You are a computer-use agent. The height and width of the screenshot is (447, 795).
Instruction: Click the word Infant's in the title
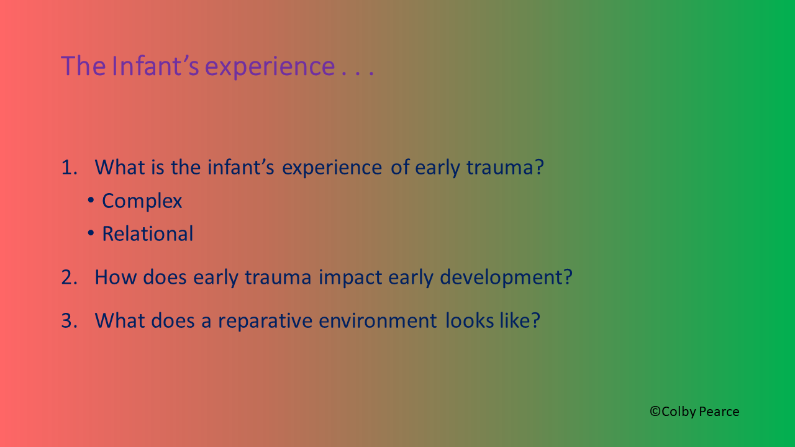coord(155,66)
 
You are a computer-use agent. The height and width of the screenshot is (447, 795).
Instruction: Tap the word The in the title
coord(83,66)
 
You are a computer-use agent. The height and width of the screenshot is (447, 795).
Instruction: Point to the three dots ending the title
coord(357,73)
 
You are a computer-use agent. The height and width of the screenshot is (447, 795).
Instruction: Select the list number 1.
coord(69,167)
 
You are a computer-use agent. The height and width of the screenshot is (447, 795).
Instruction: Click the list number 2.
coord(69,277)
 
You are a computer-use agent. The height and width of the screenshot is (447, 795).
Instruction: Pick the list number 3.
coord(69,320)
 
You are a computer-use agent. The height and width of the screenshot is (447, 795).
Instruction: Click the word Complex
coord(142,201)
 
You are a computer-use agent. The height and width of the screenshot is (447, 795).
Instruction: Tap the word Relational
coord(148,234)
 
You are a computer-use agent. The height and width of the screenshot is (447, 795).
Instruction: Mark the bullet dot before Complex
coord(91,200)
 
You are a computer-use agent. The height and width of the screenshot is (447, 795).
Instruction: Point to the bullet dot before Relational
coord(91,233)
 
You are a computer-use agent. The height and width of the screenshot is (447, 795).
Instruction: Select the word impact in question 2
coord(350,278)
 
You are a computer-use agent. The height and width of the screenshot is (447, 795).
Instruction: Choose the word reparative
coord(265,321)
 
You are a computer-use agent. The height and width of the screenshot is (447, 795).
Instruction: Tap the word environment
coord(378,321)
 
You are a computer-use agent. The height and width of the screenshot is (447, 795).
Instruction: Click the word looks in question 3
coord(470,320)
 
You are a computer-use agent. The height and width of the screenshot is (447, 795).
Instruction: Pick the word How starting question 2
coord(116,277)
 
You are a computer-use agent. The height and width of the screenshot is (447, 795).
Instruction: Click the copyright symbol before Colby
coord(655,411)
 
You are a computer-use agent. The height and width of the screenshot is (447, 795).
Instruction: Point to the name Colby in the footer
coord(679,412)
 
